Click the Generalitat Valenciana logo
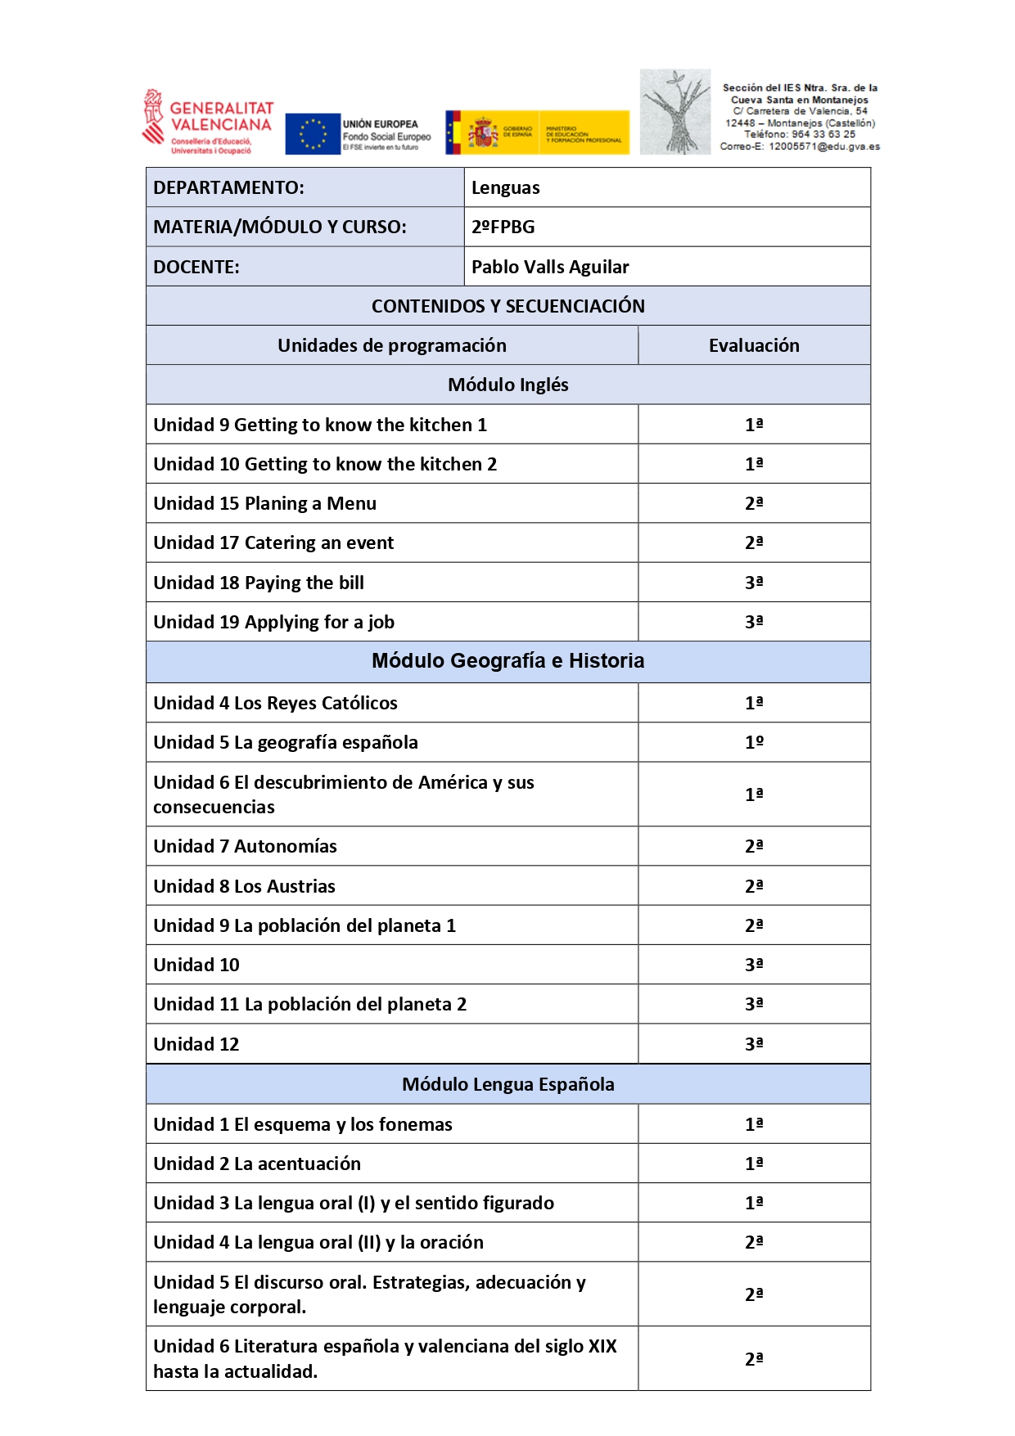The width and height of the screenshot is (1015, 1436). (208, 123)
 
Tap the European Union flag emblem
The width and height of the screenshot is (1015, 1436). (313, 133)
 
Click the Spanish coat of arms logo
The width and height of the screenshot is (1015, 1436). (483, 133)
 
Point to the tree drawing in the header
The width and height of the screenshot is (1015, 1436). (675, 112)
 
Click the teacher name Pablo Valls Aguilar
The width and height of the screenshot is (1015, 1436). (550, 267)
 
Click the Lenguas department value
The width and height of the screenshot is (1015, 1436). (505, 187)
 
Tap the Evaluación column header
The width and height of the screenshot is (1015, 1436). (754, 345)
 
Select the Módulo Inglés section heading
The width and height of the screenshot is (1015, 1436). (508, 385)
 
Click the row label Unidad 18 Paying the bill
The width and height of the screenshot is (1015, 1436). (259, 583)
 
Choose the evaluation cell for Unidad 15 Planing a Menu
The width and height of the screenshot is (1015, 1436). (754, 503)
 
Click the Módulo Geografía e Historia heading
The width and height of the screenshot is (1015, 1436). (508, 661)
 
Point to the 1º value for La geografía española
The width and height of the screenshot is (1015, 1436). (754, 742)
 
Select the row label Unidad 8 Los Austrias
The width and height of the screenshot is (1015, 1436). (244, 886)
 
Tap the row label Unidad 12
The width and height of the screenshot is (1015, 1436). (196, 1044)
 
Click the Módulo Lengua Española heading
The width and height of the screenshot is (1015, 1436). (508, 1084)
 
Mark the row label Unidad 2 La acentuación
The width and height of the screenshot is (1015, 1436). (257, 1164)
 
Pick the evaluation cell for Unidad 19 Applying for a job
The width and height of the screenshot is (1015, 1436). (754, 622)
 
